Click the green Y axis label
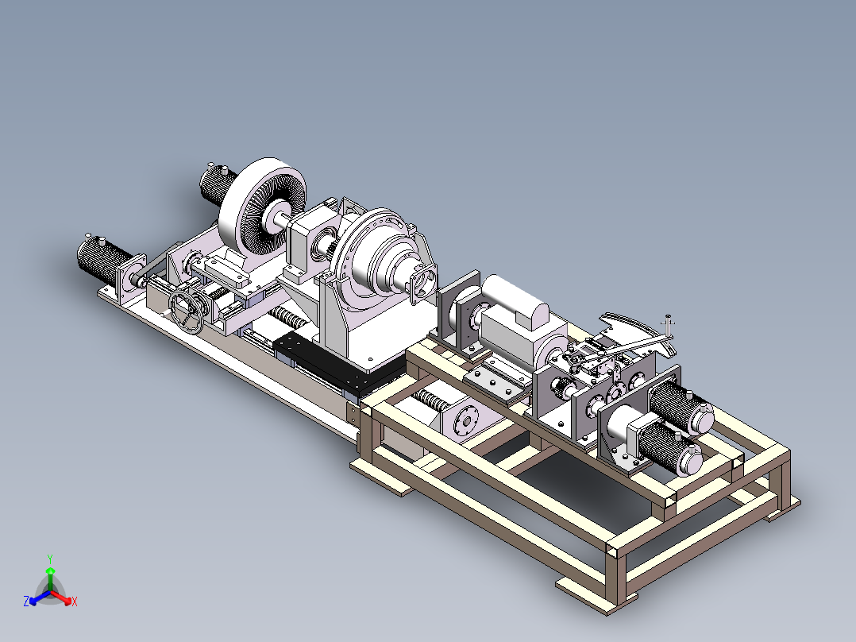[50, 559]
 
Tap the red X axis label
[75, 601]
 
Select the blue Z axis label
[26, 601]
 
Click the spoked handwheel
[186, 312]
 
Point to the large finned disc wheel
[262, 207]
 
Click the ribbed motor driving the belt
[103, 262]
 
